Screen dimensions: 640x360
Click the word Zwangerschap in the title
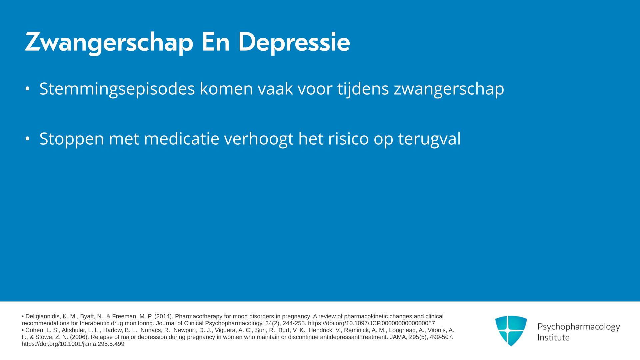coord(109,42)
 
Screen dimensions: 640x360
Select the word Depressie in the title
coord(294,42)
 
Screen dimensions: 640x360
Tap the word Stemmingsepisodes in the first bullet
coord(117,89)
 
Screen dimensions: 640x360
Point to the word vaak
coord(275,89)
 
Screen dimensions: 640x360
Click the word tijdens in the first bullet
coord(363,89)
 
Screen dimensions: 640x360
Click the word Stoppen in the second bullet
coord(72,139)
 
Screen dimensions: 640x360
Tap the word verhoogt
coord(259,139)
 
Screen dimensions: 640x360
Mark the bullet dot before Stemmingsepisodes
coord(28,89)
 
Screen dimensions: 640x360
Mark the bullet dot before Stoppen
coord(28,139)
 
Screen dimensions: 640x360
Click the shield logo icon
coord(511,331)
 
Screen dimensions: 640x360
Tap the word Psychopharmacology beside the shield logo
coord(579,327)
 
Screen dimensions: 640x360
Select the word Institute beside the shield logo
coord(553,338)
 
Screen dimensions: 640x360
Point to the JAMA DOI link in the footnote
coord(73,344)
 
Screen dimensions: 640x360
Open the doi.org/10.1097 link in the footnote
coord(371,323)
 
